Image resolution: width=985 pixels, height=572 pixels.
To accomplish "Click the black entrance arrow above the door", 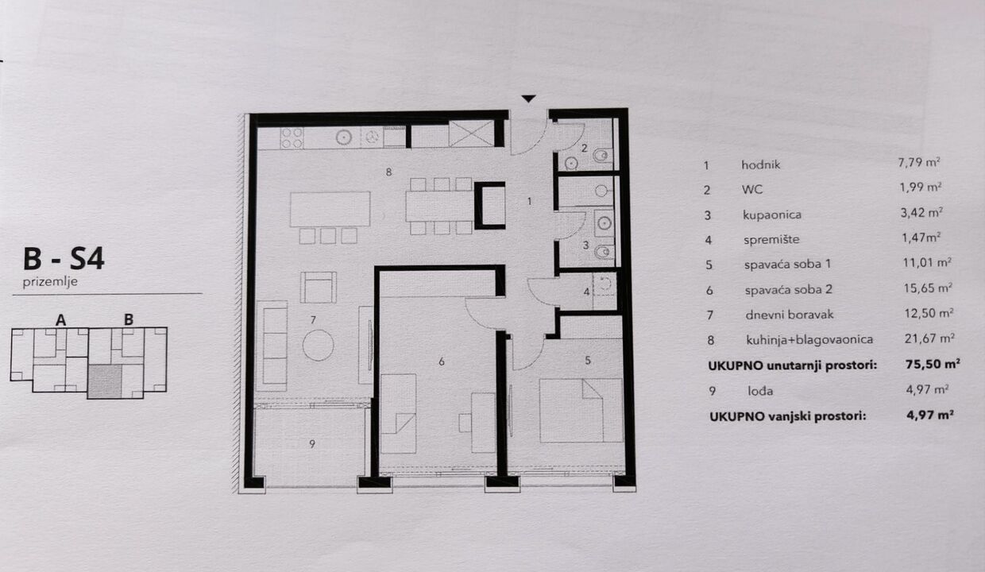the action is (528, 99).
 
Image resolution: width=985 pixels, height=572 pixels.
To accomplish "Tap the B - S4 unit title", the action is (64, 259).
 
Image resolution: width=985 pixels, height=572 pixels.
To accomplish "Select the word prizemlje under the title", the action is (50, 282).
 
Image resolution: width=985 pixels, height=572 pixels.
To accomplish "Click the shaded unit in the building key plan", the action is (105, 381).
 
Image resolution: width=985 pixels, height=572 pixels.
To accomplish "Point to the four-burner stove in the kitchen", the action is (292, 137).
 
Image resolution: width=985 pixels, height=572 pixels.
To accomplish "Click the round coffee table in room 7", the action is (318, 345).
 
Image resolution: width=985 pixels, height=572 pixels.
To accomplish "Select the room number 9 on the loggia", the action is (312, 444).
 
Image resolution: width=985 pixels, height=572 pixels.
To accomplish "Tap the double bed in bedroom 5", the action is (581, 410).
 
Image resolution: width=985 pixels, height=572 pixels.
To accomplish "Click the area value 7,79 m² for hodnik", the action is (918, 162).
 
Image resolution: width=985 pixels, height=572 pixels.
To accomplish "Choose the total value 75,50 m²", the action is (933, 364).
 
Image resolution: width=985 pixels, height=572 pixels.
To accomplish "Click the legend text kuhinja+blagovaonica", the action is (809, 339).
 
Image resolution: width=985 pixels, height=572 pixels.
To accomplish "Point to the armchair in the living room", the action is (319, 287).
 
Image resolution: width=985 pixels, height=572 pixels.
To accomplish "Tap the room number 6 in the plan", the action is (442, 361).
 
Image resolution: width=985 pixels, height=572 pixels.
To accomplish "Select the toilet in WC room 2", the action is (602, 155).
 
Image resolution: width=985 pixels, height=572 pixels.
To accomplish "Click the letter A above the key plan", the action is (60, 319).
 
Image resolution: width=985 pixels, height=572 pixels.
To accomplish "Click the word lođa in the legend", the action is (760, 390).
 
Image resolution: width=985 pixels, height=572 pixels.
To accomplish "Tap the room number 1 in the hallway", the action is (529, 201).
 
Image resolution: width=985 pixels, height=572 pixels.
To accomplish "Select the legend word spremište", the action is (771, 240).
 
